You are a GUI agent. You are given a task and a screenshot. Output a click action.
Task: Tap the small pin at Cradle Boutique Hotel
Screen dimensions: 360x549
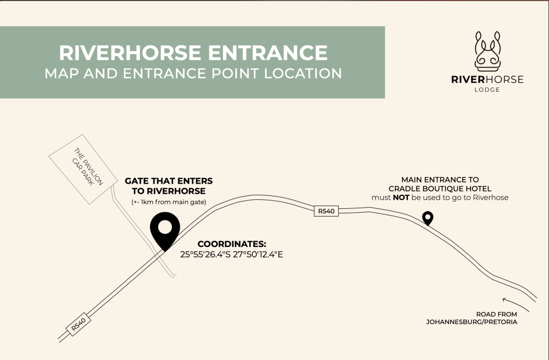point(428,218)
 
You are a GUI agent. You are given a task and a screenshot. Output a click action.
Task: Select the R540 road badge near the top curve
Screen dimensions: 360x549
point(325,211)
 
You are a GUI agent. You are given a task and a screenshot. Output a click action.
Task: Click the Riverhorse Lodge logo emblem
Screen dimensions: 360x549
point(487,50)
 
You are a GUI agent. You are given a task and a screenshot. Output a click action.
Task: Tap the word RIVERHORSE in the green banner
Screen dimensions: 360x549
point(129,53)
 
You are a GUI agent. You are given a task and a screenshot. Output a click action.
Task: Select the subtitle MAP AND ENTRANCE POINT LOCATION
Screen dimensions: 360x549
point(193,73)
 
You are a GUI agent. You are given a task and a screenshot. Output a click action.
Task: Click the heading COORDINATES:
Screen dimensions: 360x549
point(232,244)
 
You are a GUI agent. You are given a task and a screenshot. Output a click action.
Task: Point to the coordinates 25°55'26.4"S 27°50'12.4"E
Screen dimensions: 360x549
point(232,254)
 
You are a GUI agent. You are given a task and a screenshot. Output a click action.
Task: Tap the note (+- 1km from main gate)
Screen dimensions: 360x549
point(169,202)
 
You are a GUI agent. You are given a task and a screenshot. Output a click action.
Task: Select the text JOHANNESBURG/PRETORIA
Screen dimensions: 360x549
point(472,322)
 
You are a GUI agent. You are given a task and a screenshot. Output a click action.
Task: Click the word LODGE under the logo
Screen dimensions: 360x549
point(487,90)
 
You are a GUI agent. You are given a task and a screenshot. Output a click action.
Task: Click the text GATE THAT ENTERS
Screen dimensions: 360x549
point(169,181)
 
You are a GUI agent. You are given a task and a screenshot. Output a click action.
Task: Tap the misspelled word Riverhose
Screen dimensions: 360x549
point(490,198)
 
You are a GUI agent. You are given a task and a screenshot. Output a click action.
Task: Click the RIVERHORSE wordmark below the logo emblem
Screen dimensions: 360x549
point(487,80)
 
